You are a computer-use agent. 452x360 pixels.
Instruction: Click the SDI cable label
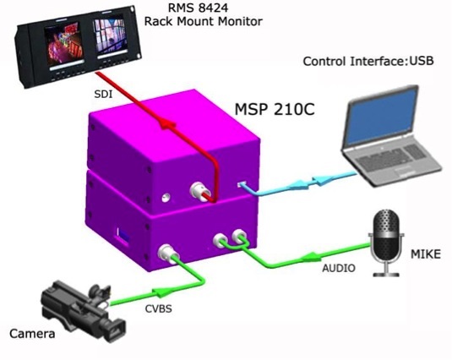point(103,95)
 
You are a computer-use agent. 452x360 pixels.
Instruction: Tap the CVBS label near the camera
point(159,309)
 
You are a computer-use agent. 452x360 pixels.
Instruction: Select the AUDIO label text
point(339,269)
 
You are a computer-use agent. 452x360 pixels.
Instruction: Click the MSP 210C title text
point(275,109)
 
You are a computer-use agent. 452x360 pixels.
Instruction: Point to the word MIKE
point(426,254)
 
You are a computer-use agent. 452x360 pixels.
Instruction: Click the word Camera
point(32,334)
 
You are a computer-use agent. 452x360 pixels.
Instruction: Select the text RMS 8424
point(198,8)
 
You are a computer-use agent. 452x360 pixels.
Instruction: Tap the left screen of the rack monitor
point(64,44)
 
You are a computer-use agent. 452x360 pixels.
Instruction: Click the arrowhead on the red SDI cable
point(167,124)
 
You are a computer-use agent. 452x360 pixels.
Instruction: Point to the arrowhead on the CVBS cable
point(160,292)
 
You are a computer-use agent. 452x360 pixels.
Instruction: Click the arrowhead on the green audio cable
point(310,256)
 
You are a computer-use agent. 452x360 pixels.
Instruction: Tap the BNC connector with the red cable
point(199,190)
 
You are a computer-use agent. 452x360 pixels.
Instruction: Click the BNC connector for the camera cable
point(167,254)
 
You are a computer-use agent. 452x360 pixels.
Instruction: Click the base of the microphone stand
point(386,274)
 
